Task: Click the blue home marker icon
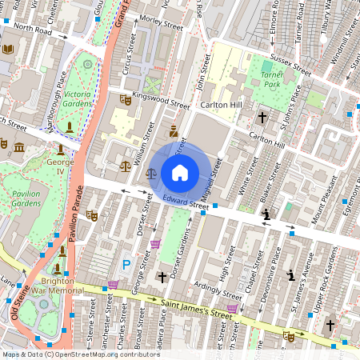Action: point(180,172)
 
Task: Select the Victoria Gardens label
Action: point(78,98)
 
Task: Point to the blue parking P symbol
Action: point(126,265)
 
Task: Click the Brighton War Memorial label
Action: point(58,286)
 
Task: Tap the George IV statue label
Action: point(60,166)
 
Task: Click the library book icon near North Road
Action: point(8,50)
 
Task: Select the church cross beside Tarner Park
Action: point(262,118)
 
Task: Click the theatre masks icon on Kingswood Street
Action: point(125,100)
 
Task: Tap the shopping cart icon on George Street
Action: point(155,244)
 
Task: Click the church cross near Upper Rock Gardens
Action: point(330,326)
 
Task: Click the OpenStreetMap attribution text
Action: point(69,354)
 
